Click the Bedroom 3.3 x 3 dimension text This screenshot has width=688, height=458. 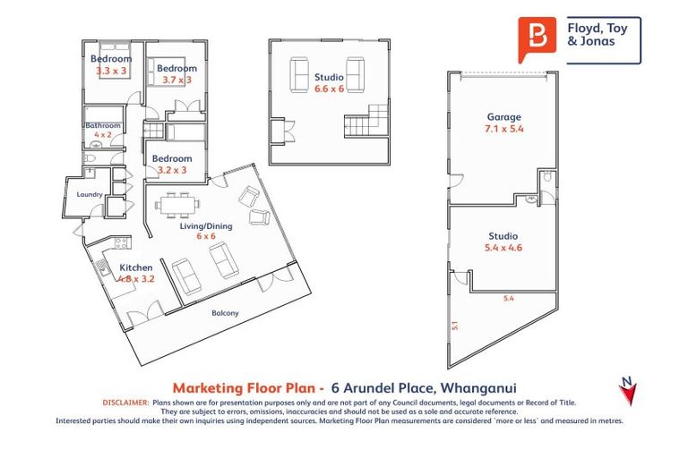111,71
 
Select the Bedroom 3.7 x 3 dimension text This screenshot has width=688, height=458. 176,81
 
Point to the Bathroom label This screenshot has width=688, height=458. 102,126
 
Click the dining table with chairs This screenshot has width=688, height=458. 176,205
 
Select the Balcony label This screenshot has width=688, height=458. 225,313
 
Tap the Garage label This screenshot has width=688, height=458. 503,117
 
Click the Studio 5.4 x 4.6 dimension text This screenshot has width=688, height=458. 503,248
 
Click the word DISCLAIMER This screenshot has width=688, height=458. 126,403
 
